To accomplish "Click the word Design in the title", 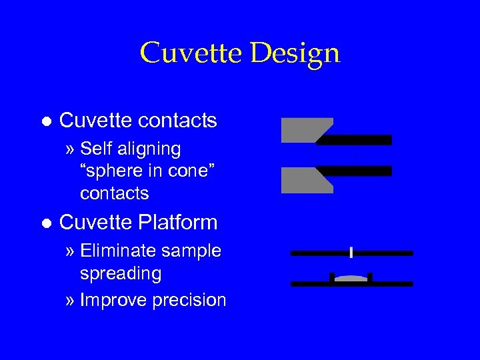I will (295, 53).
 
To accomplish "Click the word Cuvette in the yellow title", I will (192, 53).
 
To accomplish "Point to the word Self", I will (97, 149).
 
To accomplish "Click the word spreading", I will (121, 273).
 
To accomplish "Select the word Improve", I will (113, 300).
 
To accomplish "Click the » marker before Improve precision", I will (71, 300).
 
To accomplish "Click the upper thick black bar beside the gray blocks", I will (357, 140).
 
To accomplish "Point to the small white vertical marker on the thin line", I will (351, 253).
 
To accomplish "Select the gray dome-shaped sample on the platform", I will (351, 279).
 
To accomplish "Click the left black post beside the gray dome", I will (332, 277).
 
